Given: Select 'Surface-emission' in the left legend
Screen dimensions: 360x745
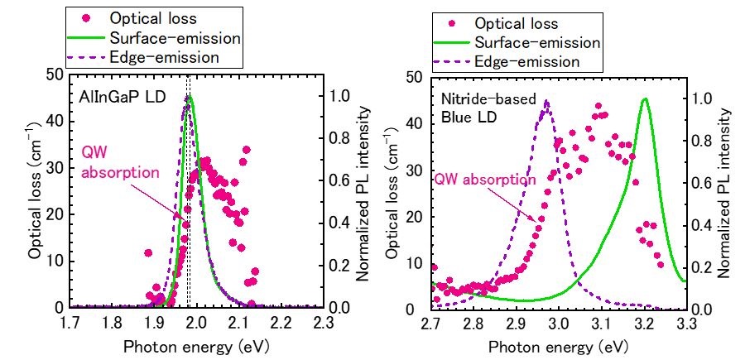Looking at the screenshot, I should (160, 37).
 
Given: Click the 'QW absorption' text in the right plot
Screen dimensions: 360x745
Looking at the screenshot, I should (484, 178).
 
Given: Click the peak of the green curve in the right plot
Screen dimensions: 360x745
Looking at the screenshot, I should (645, 98).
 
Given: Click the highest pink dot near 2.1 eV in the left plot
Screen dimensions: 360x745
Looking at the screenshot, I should (246, 150).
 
